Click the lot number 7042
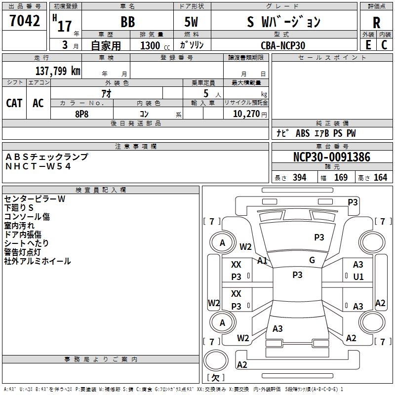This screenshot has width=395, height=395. click(x=25, y=21)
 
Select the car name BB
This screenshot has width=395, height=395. click(x=128, y=22)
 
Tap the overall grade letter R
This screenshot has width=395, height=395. click(x=376, y=23)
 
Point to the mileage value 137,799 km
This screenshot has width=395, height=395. click(x=58, y=71)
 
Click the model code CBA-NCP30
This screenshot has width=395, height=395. click(x=283, y=45)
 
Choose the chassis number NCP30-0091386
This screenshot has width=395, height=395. click(x=332, y=157)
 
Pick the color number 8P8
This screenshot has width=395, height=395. click(x=82, y=114)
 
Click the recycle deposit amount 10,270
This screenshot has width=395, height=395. click(x=246, y=114)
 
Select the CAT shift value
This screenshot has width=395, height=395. click(x=14, y=103)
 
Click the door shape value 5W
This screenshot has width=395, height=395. click(x=191, y=22)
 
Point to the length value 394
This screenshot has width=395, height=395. click(x=300, y=177)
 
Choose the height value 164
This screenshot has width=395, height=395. click(x=380, y=177)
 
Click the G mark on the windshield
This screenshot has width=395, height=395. click(x=312, y=260)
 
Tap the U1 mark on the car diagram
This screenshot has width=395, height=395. click(x=358, y=277)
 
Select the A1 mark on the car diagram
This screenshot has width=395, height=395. click(x=262, y=261)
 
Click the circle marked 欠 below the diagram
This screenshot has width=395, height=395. click(x=216, y=360)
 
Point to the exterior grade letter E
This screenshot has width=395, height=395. click(x=368, y=45)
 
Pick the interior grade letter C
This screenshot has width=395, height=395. click(x=384, y=45)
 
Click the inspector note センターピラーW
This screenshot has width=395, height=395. click(x=35, y=199)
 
